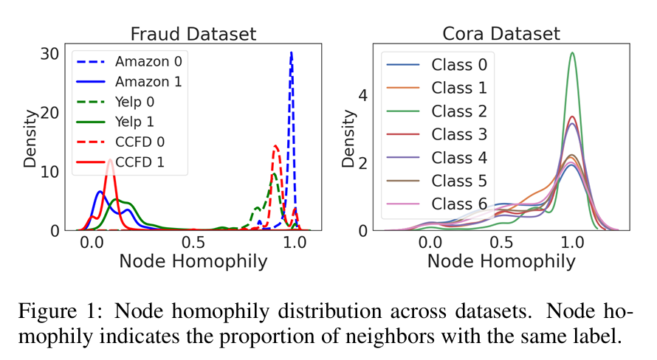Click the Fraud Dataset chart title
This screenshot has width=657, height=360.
(x=193, y=34)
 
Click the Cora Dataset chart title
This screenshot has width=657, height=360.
(x=501, y=34)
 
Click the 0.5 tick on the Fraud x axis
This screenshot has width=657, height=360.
(x=193, y=241)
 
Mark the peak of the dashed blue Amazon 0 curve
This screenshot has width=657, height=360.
(x=292, y=52)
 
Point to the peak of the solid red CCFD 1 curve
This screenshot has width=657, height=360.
(x=109, y=159)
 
